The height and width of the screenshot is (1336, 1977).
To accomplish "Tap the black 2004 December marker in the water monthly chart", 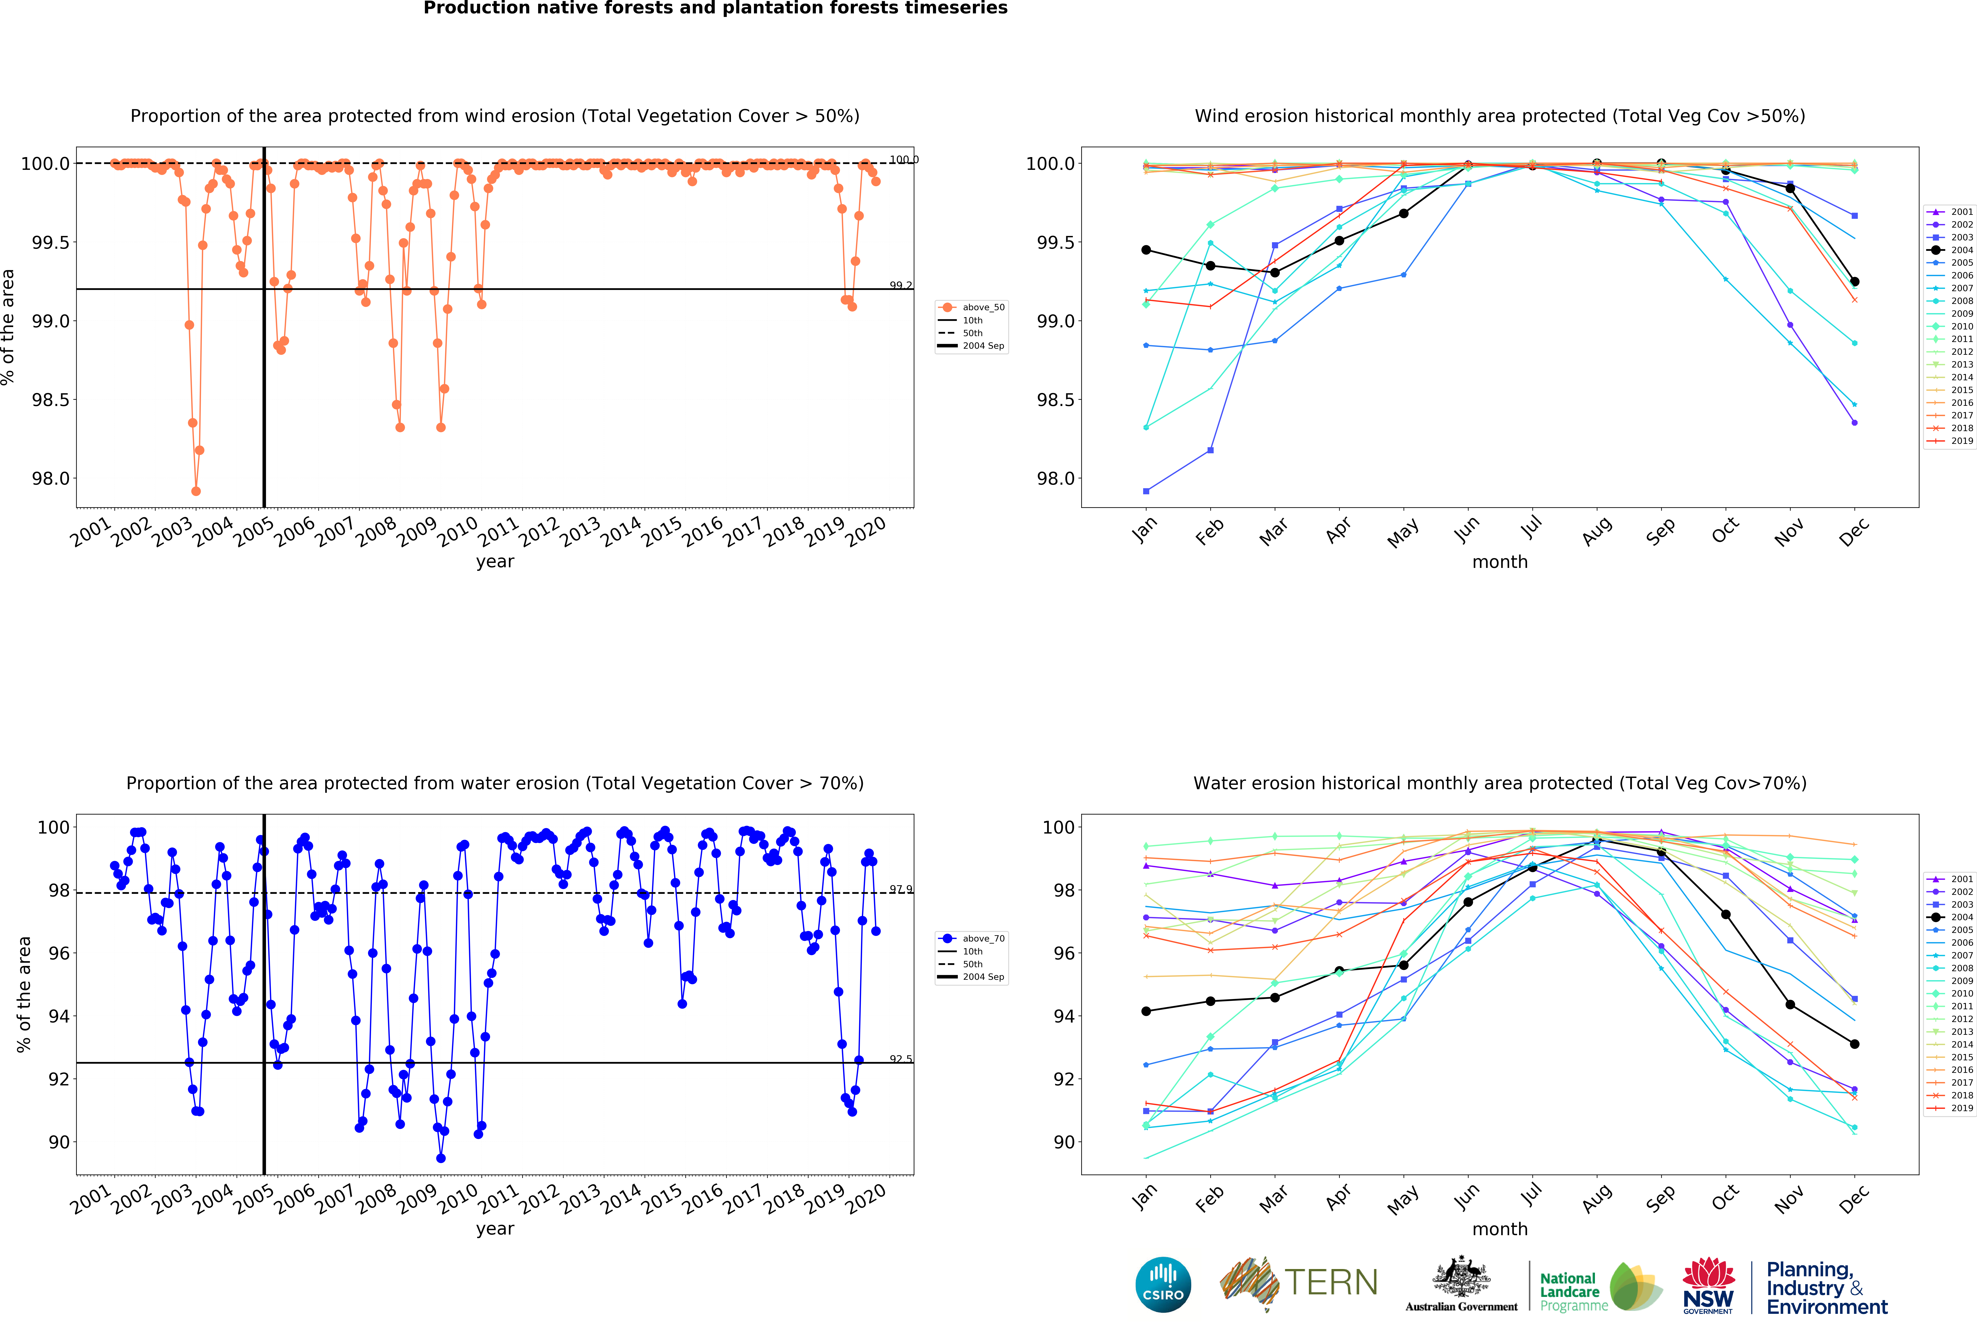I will (1854, 1044).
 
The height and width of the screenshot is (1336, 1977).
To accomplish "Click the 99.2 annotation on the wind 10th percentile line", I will (900, 286).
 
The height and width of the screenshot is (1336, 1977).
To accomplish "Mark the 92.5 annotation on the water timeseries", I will (900, 1059).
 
